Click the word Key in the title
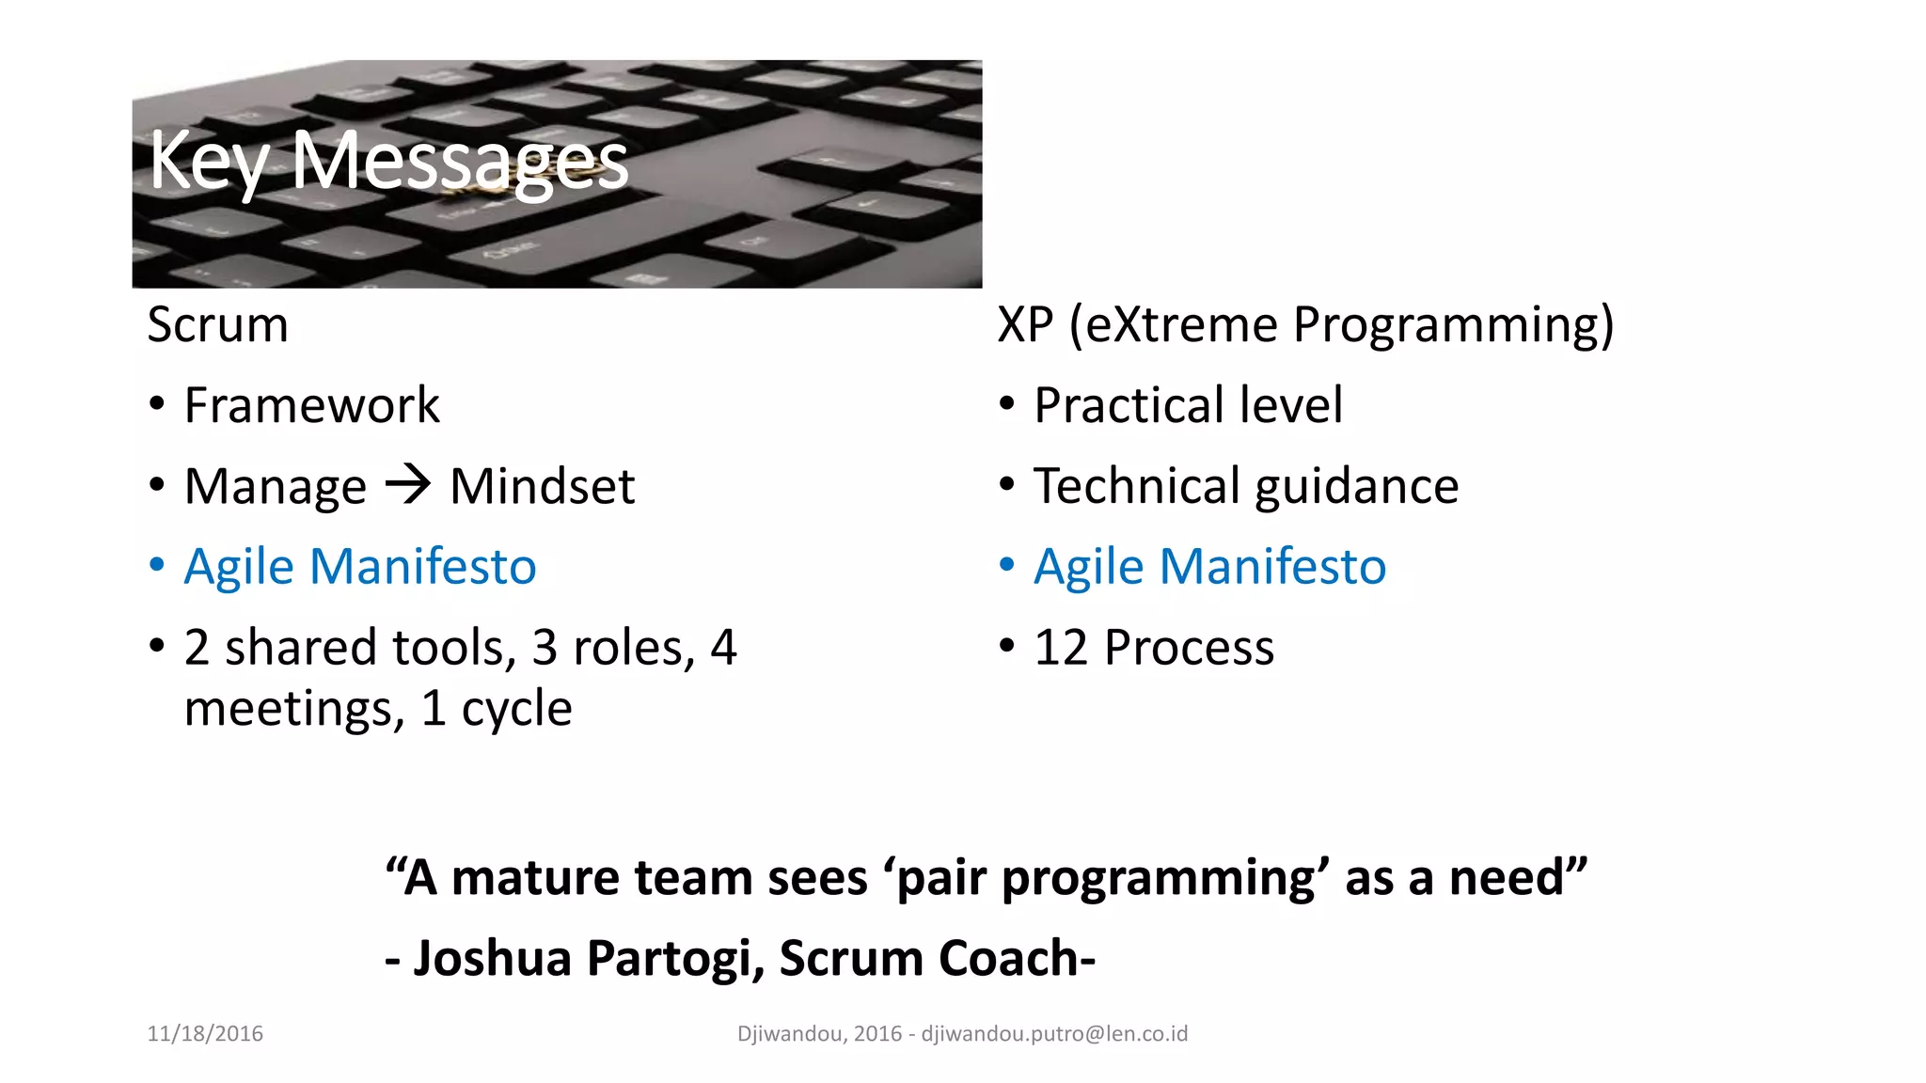(x=208, y=162)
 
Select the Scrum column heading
(x=217, y=325)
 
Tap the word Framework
(x=311, y=406)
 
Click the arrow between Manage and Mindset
(x=408, y=485)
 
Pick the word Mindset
(x=542, y=487)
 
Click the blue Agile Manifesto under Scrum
(x=359, y=568)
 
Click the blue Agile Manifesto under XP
(x=1209, y=568)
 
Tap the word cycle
(x=516, y=709)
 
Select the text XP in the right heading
(x=1024, y=325)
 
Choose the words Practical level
(x=1188, y=406)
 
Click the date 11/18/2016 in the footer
(x=205, y=1034)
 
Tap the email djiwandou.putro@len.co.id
(x=1054, y=1034)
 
